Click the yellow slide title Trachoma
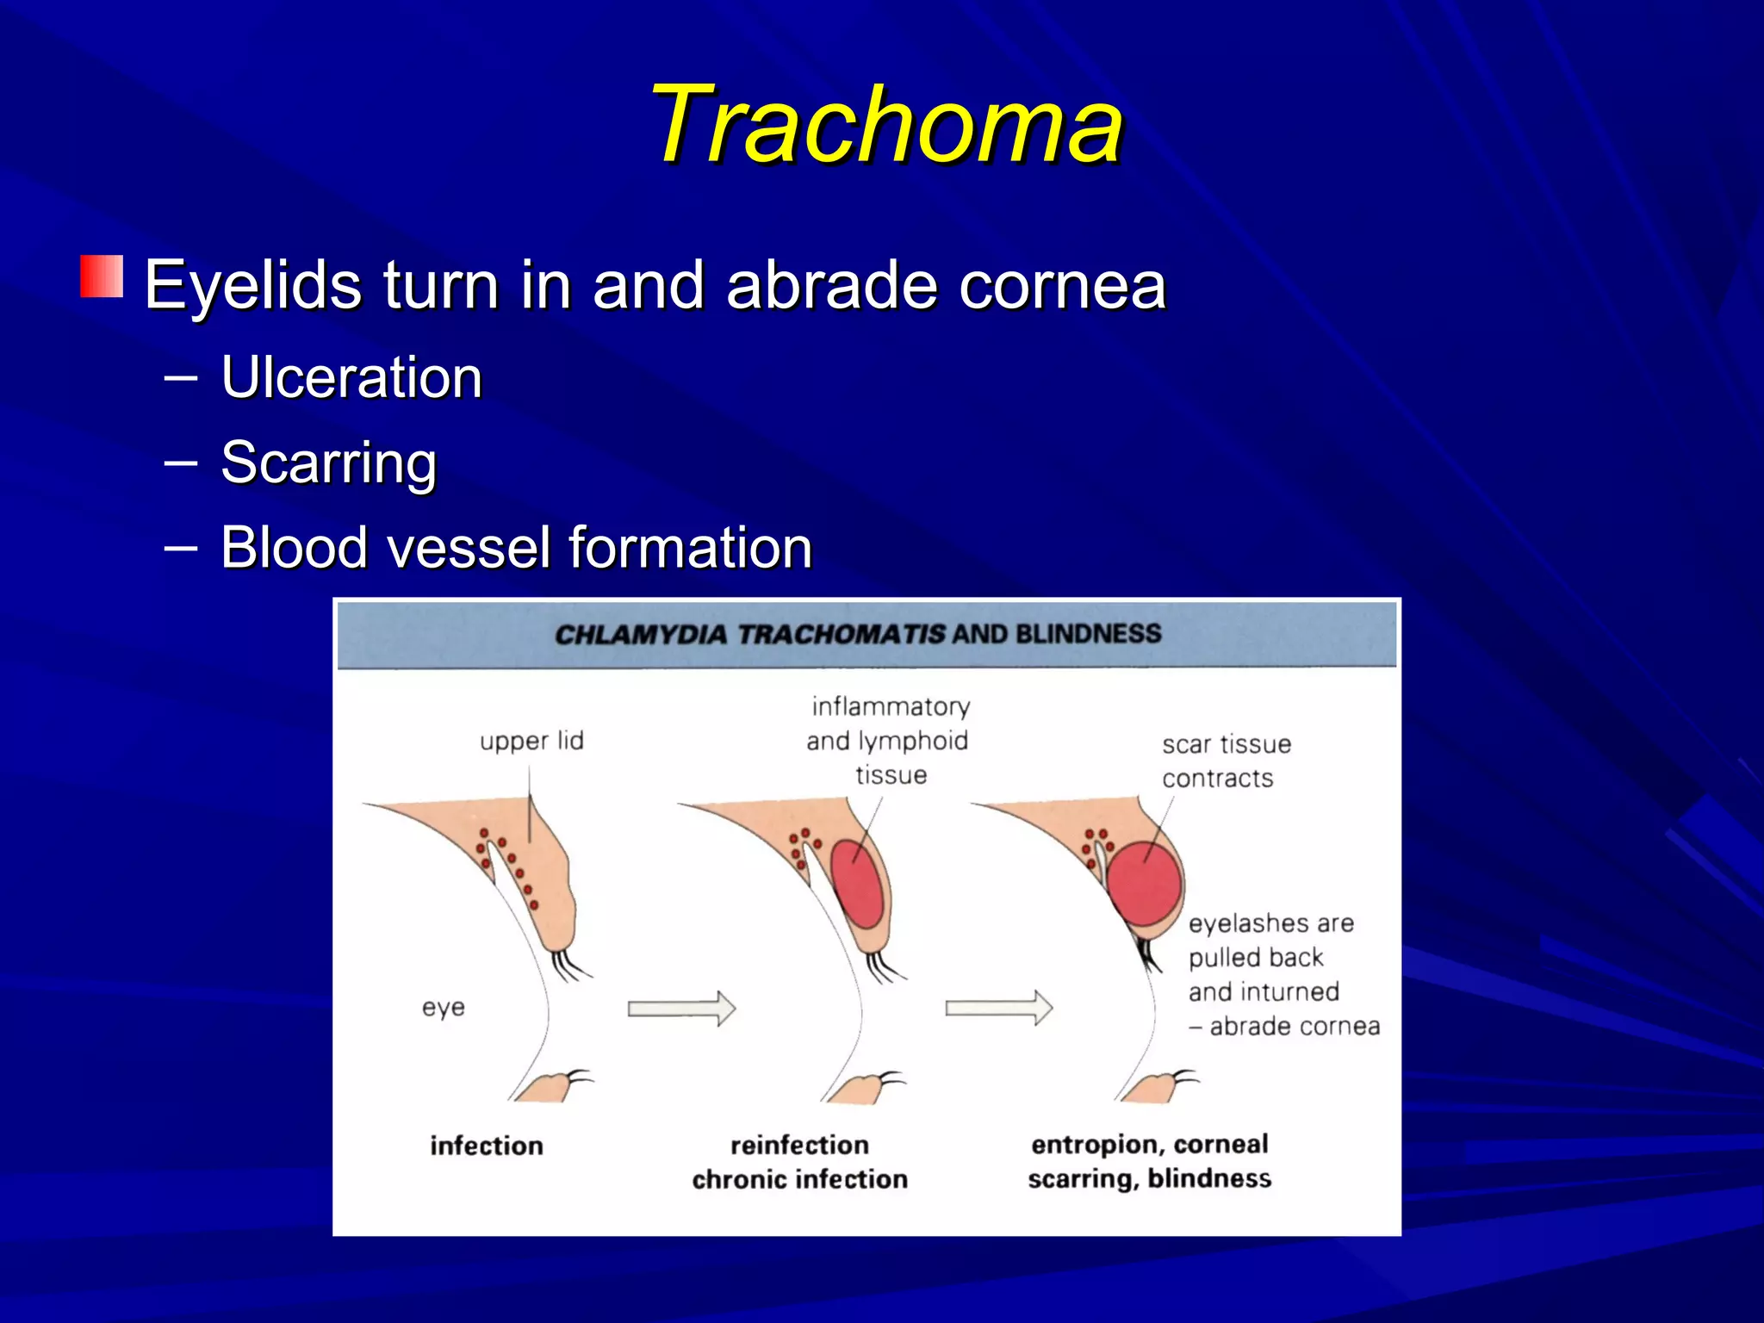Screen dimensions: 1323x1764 887,125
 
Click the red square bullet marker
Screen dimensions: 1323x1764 102,276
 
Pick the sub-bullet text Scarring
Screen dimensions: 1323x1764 328,463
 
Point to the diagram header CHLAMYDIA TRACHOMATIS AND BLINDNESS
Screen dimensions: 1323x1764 858,635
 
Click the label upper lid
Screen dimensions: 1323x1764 531,741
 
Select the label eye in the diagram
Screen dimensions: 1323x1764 443,1007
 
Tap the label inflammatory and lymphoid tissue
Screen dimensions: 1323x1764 888,741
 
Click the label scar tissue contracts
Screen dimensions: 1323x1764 1225,761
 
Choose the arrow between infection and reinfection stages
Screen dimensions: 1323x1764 680,1009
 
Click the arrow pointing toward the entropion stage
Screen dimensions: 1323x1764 998,1009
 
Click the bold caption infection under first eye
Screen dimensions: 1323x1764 487,1146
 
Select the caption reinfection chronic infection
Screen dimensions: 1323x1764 799,1162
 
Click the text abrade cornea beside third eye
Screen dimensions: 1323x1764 1294,1027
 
